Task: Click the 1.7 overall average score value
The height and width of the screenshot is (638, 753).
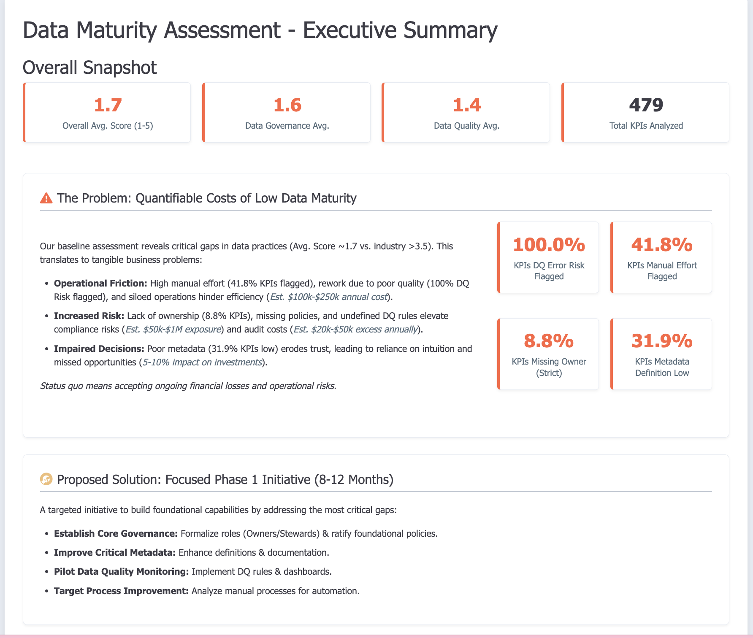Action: click(x=108, y=105)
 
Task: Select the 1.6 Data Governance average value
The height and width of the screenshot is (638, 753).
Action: click(x=287, y=105)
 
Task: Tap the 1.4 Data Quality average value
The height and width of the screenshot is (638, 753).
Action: click(x=467, y=105)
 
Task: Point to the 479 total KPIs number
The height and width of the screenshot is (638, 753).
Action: click(x=646, y=105)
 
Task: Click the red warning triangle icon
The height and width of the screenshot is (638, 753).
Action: click(x=46, y=198)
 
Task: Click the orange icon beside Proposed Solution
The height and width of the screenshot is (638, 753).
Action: click(x=46, y=479)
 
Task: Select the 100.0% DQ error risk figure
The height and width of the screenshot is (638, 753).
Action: click(x=549, y=244)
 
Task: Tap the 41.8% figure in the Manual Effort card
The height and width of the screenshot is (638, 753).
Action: click(x=661, y=244)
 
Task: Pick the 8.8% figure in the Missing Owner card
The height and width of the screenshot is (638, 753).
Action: click(x=549, y=341)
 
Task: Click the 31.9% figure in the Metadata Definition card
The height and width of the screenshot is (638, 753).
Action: click(x=661, y=341)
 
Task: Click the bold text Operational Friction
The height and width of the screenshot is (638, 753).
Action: click(x=100, y=283)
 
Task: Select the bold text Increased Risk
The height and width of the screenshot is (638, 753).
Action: click(x=89, y=316)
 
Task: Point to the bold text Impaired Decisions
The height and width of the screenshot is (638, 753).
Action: click(x=99, y=349)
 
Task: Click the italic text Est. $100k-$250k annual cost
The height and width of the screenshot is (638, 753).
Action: click(x=328, y=297)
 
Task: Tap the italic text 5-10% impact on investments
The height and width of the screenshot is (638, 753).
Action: click(x=202, y=362)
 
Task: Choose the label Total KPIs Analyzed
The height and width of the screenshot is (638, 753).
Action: click(x=646, y=126)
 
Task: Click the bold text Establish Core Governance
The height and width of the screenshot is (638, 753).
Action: click(x=116, y=533)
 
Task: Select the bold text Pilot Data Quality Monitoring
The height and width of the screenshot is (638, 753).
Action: click(x=121, y=571)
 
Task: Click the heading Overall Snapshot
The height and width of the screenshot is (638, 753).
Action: click(x=89, y=68)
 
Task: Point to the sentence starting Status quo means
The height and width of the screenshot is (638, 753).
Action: click(x=188, y=386)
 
